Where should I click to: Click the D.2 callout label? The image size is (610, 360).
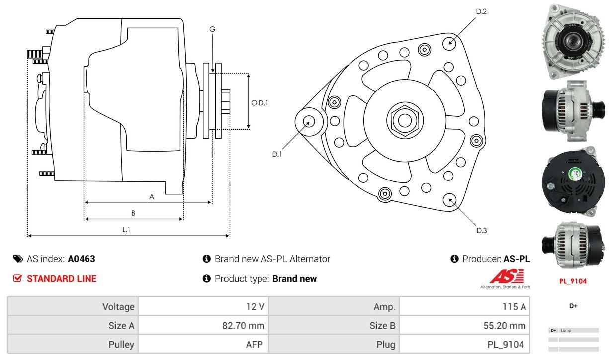coord(481,11)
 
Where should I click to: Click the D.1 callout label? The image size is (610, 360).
coord(277,154)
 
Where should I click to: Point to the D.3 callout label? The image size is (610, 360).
coord(481,230)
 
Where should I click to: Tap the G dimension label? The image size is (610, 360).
coord(212,29)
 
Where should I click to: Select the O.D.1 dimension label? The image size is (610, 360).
coord(260,103)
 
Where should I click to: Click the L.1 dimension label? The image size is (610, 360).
coord(126,229)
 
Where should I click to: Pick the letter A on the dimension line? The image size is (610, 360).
coord(152,197)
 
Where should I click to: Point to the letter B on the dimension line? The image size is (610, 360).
coord(133,213)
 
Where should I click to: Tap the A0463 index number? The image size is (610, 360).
coord(82,259)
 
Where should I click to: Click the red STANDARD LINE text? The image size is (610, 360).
coord(62,279)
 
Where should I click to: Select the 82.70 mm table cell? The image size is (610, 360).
coord(243,326)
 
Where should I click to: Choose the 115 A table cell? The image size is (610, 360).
coord(514,307)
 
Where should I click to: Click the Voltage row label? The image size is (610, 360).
coord(118,307)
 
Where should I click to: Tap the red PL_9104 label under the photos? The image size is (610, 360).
coord(573,281)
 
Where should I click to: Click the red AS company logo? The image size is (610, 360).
coord(507,276)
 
